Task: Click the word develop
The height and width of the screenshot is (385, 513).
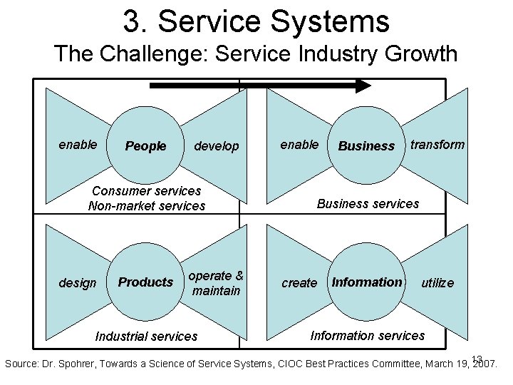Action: (217, 146)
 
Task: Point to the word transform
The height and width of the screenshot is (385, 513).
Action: (437, 145)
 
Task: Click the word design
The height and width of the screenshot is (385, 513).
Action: (77, 283)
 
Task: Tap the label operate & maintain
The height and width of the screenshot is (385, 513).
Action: (216, 283)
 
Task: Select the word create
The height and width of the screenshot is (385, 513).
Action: (299, 283)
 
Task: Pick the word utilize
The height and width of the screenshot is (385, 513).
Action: (437, 283)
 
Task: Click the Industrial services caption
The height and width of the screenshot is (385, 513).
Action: (146, 336)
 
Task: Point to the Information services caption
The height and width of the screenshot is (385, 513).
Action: (368, 335)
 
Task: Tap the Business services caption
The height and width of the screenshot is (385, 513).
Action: (368, 204)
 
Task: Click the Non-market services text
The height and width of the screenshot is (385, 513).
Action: (146, 206)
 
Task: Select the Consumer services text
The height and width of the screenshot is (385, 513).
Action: (147, 191)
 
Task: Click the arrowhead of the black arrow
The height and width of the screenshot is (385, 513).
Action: (363, 86)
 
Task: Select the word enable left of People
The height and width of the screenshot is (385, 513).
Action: (78, 145)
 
